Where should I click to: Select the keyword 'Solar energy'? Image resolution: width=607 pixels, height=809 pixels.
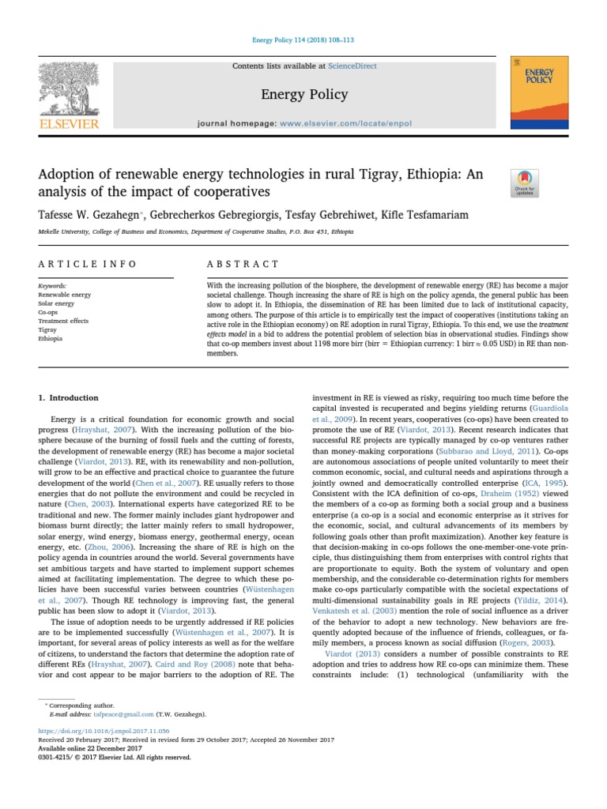(x=57, y=303)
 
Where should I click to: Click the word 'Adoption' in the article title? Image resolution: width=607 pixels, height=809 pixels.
(x=68, y=174)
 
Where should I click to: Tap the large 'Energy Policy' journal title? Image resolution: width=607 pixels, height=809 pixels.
(x=303, y=95)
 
